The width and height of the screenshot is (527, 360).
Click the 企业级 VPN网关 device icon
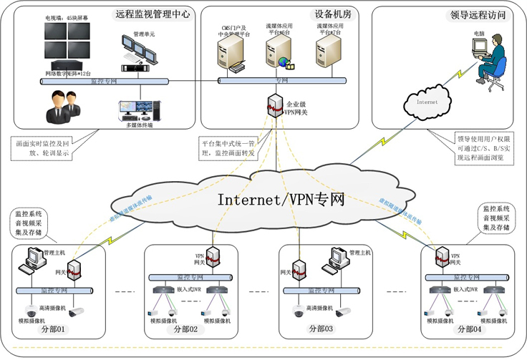(272, 106)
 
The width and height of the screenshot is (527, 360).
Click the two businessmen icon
(59, 107)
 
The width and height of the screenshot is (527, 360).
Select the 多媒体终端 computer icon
(140, 110)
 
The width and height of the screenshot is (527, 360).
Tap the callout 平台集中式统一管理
(228, 148)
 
